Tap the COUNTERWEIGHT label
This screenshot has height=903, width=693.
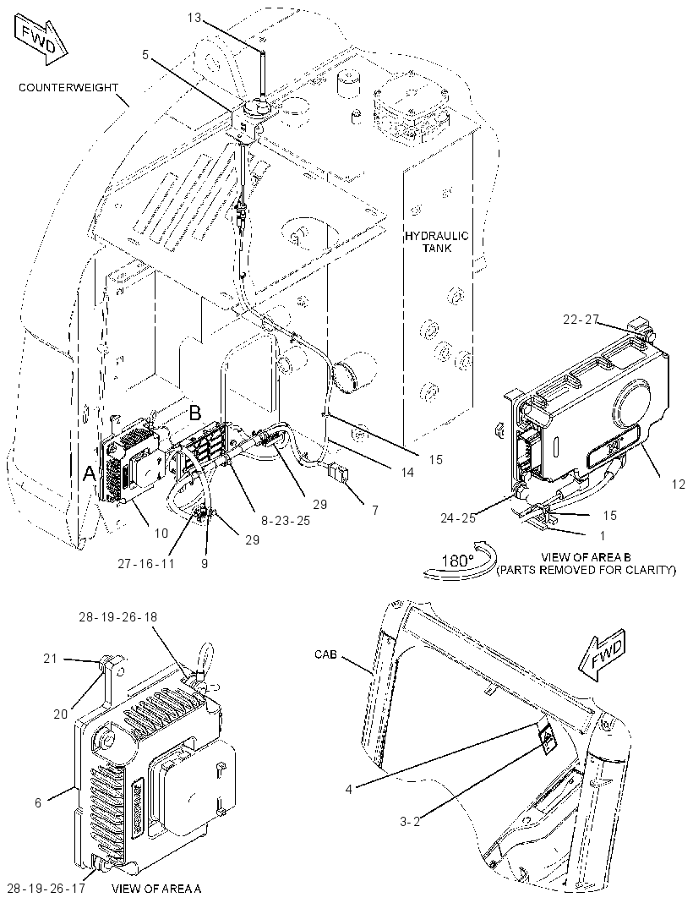(68, 88)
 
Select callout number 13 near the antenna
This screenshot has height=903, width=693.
(194, 18)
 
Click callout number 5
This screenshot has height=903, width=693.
(145, 55)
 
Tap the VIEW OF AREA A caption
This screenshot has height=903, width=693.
(156, 889)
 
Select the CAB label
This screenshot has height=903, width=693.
(325, 654)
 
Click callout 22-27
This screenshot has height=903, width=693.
(581, 319)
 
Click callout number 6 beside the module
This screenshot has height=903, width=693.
(38, 802)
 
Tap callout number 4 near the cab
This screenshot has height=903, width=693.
(348, 788)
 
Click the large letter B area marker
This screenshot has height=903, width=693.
(195, 413)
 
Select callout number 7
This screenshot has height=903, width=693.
(374, 510)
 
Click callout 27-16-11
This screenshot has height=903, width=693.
(145, 563)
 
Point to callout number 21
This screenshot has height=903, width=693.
(51, 657)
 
